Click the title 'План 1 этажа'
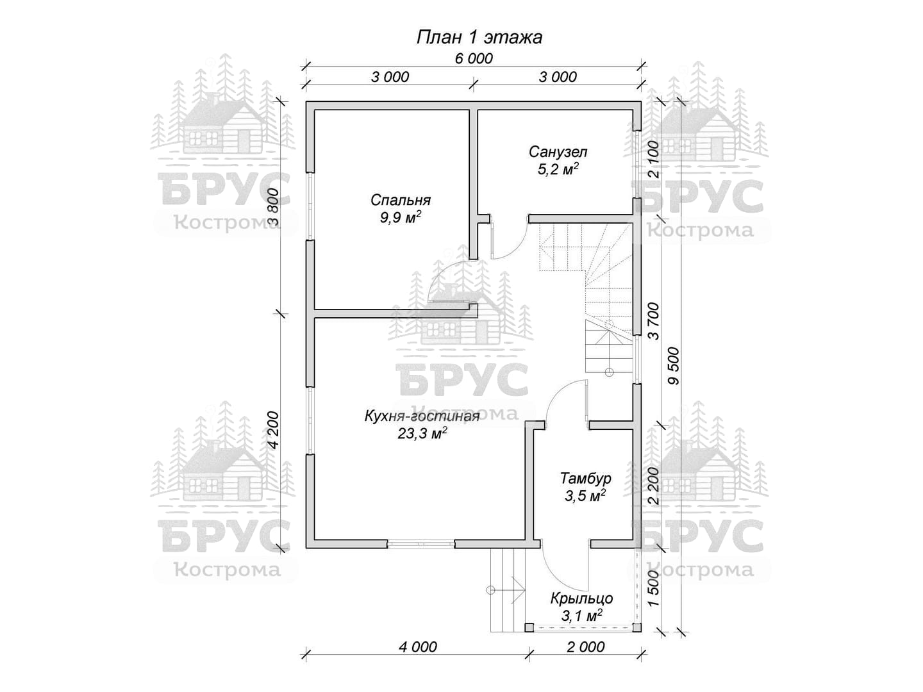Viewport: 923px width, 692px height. tap(479, 37)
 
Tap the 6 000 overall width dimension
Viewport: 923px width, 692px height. tap(474, 59)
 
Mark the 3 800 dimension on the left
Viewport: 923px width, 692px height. tap(274, 207)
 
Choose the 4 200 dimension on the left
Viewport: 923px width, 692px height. tap(274, 430)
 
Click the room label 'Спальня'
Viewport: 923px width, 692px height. tap(401, 200)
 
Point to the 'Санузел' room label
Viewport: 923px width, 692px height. tap(558, 152)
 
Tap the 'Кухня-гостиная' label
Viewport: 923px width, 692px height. tap(422, 416)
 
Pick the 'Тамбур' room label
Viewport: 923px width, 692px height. tap(585, 478)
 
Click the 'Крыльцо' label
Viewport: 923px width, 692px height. tap(581, 598)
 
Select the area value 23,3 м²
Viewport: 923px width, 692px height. tap(422, 433)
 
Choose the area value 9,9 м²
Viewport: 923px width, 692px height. tap(401, 217)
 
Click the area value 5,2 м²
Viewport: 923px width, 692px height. tap(558, 169)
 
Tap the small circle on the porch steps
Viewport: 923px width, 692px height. tap(490, 590)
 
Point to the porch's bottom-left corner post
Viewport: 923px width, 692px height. tap(529, 639)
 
